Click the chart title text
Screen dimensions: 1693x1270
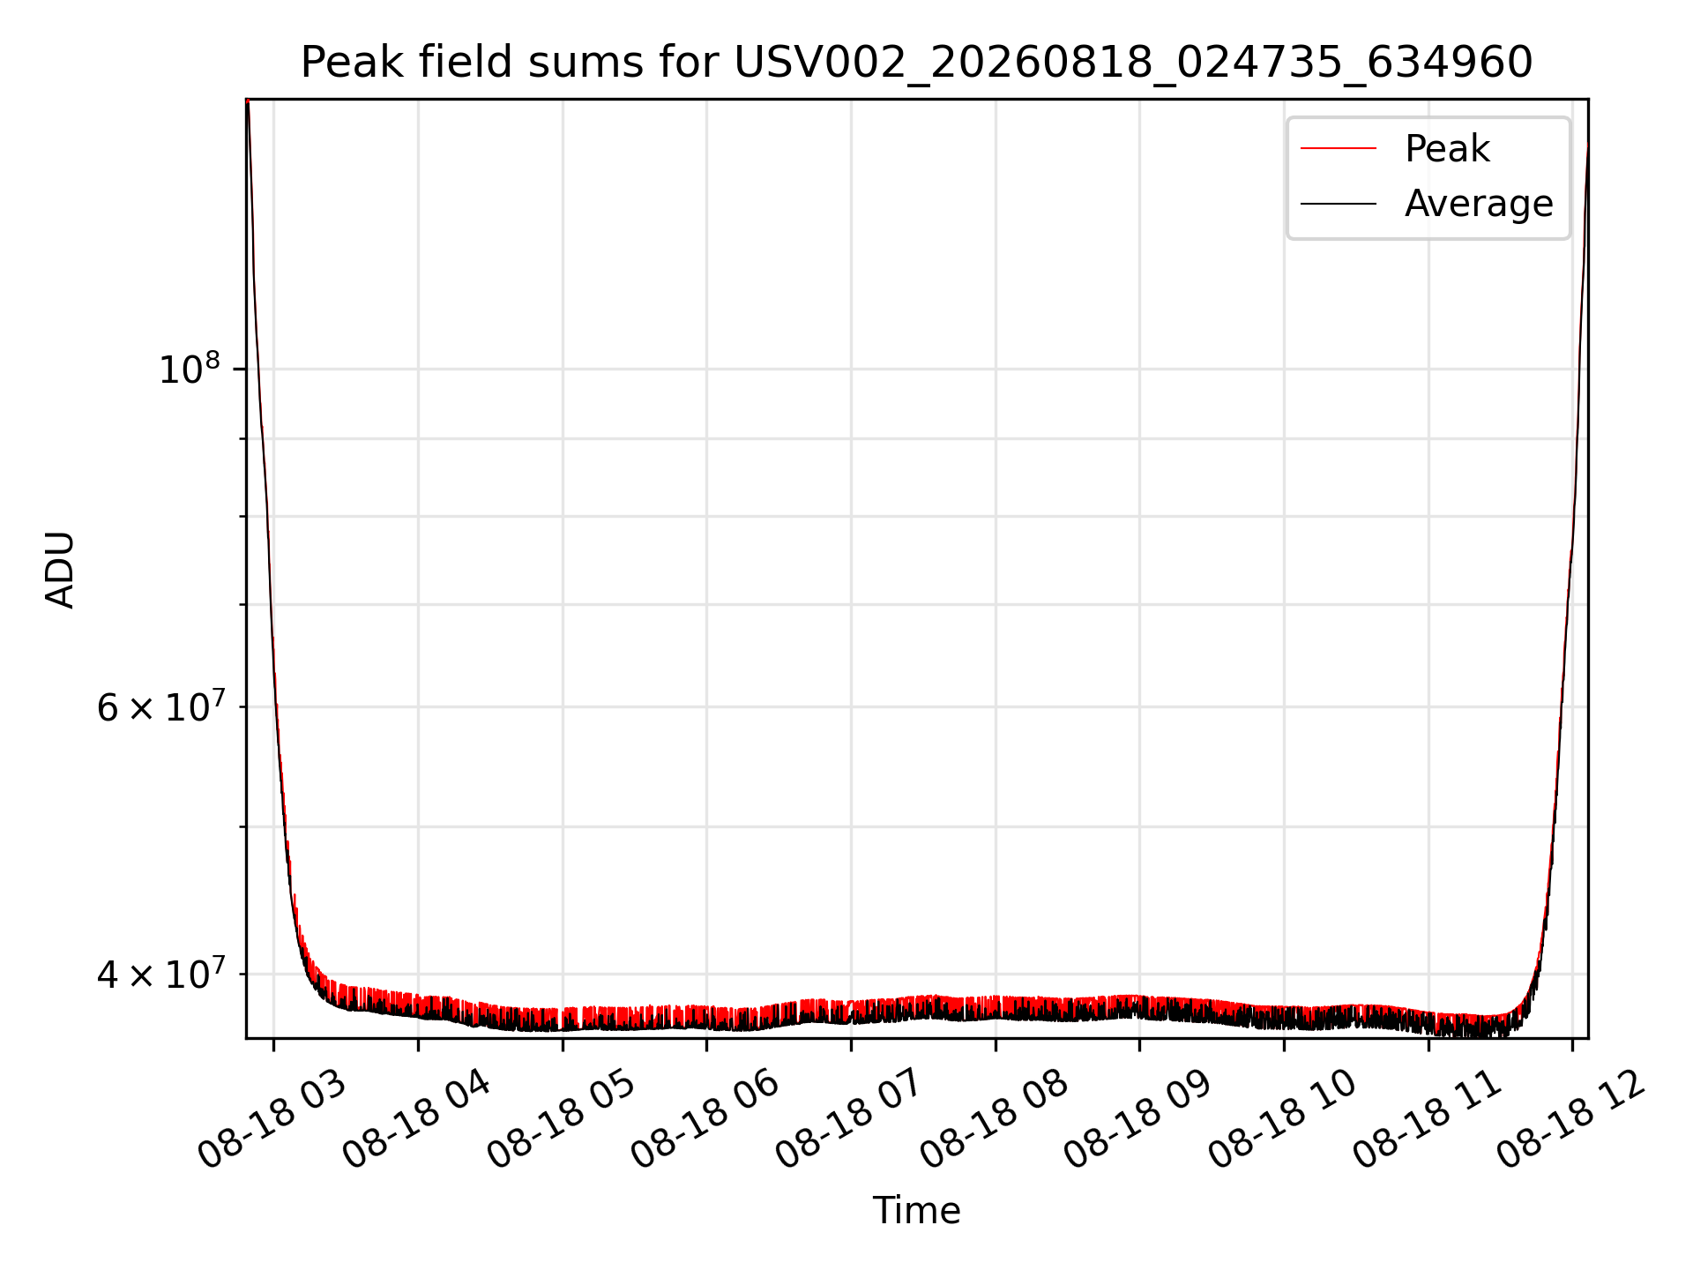pos(917,63)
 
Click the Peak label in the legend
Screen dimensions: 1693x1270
pos(1447,149)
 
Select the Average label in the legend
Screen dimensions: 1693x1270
pos(1479,204)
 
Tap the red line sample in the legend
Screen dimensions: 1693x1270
pos(1339,149)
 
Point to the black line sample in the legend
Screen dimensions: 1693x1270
pos(1339,204)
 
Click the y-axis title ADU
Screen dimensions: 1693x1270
pos(60,570)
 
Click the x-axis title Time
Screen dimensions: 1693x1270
pos(917,1211)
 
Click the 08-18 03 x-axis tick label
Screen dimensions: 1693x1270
pos(273,1123)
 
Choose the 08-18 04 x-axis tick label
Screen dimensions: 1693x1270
pos(417,1123)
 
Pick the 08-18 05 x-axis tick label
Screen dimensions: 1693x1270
pos(562,1123)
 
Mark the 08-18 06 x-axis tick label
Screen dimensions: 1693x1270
pos(706,1123)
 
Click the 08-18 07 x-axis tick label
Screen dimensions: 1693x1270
pos(851,1123)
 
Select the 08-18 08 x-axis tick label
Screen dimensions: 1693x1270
pos(995,1123)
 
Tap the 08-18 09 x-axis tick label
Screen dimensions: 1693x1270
pos(1139,1123)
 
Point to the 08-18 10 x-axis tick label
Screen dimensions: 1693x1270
pos(1284,1123)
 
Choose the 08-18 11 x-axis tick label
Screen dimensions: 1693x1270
pos(1428,1123)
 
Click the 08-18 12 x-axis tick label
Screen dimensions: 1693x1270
pos(1572,1123)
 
